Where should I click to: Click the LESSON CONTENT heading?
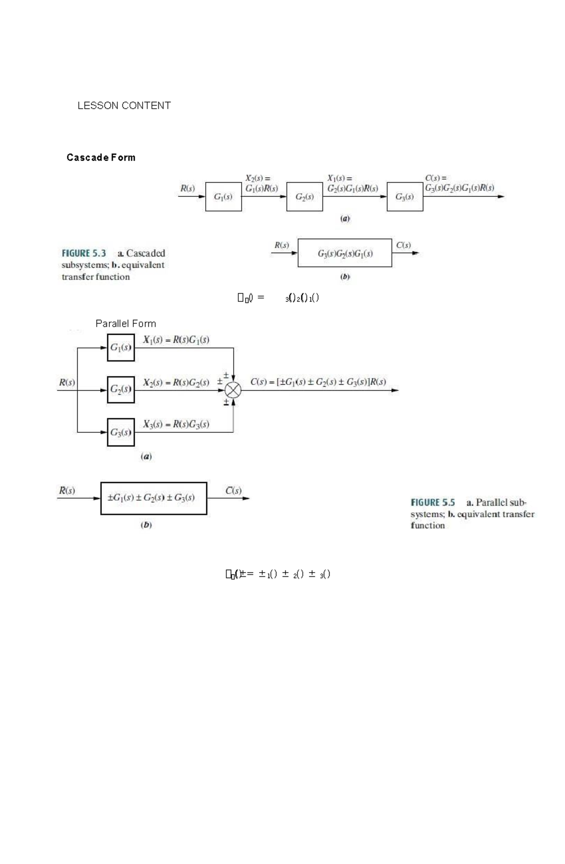[x=124, y=105]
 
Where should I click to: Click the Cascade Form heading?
[x=101, y=157]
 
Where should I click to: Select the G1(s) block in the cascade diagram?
[x=223, y=197]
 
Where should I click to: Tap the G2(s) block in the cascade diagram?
[x=304, y=197]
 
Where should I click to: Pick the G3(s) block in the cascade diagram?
[x=404, y=197]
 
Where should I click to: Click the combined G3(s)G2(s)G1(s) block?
[x=345, y=253]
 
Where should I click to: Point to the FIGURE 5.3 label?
[x=84, y=253]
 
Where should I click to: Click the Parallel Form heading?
[x=126, y=323]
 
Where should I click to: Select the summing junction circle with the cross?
[x=233, y=390]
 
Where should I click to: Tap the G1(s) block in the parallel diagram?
[x=121, y=347]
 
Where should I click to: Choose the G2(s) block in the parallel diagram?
[x=121, y=389]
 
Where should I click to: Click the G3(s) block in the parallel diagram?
[x=121, y=432]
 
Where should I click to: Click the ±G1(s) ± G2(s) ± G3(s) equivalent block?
[x=153, y=498]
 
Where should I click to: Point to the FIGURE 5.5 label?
[x=433, y=502]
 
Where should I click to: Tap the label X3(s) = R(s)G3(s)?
[x=176, y=424]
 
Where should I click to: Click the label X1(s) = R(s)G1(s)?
[x=176, y=339]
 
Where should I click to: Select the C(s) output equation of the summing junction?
[x=318, y=382]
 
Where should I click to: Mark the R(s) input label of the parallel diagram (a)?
[x=67, y=382]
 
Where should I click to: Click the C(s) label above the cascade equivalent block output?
[x=404, y=245]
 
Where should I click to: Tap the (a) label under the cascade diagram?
[x=345, y=218]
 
